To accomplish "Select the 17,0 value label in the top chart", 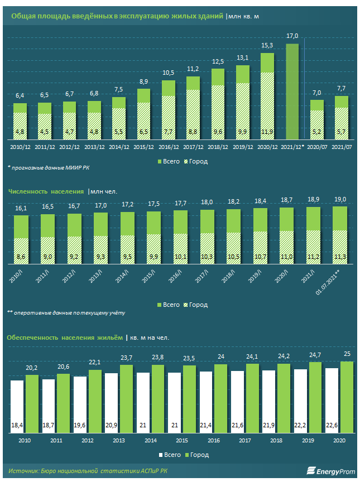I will click(292, 36).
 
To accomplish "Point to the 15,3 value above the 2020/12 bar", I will click(267, 45).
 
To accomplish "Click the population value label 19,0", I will click(340, 199).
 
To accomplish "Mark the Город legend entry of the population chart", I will click(195, 305).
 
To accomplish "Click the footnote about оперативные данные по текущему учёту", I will click(66, 313).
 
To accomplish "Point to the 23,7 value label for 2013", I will click(127, 358).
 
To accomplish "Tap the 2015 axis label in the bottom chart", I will click(183, 440).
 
